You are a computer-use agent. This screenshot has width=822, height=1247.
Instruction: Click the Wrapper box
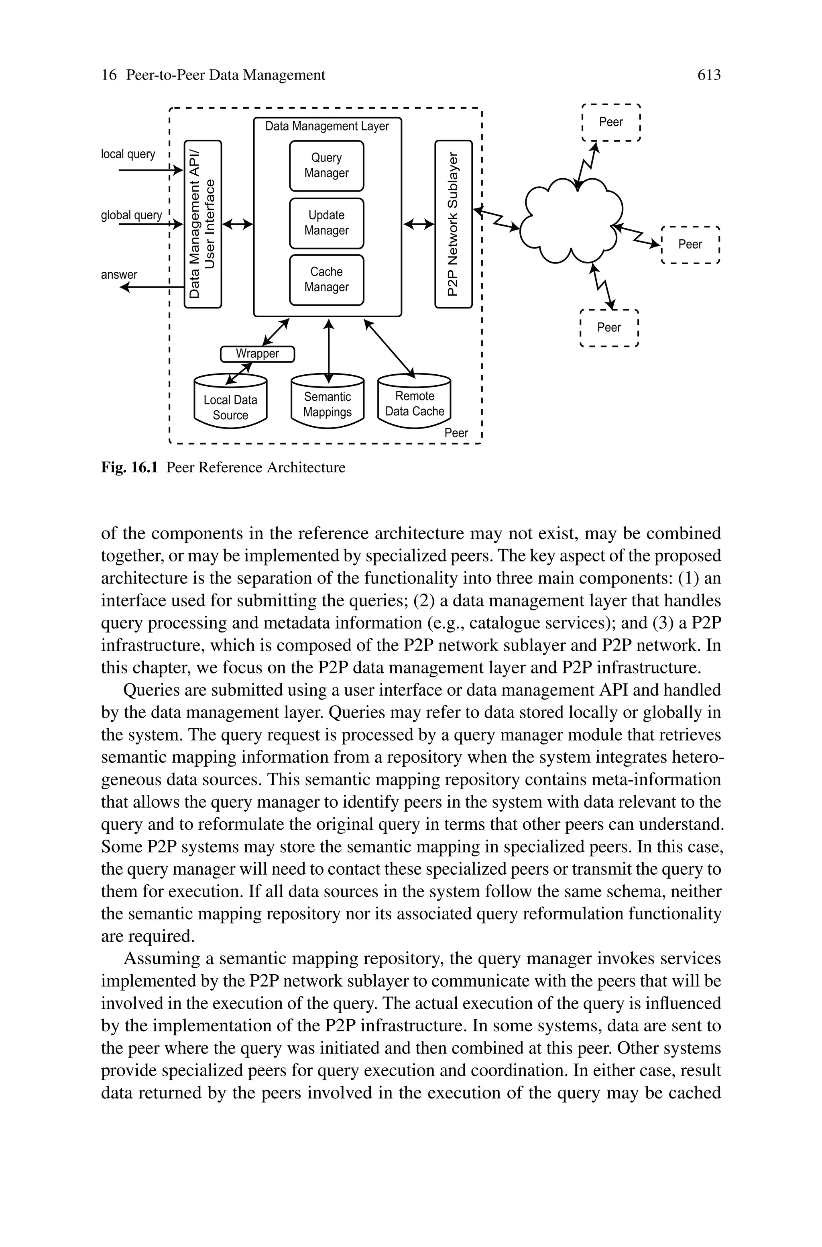pos(257,354)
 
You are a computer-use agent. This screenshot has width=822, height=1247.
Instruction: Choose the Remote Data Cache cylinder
pos(414,403)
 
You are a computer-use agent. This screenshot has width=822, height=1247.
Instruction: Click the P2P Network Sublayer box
pos(454,224)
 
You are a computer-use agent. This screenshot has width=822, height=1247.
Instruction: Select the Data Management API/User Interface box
pos(203,224)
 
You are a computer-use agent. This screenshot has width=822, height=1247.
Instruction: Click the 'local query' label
pos(128,154)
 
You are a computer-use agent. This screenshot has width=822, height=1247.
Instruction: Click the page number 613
pos(709,76)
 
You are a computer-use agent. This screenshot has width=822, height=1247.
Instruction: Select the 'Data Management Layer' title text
pos(327,127)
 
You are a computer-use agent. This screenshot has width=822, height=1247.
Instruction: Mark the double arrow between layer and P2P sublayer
pos(419,225)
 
